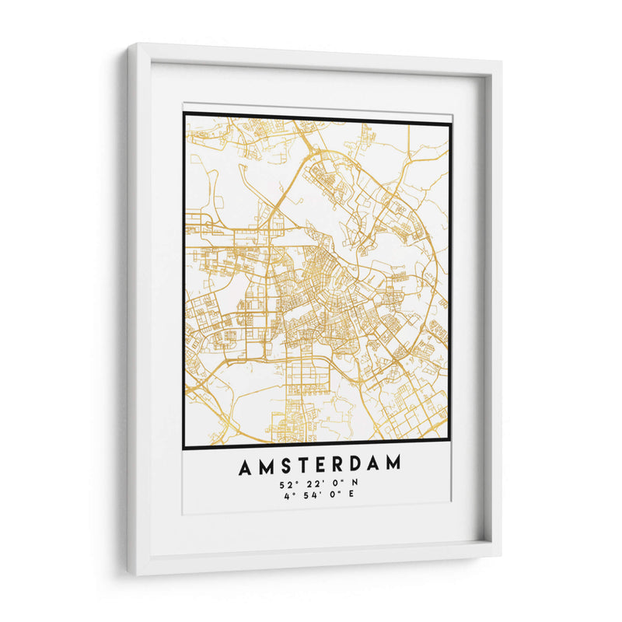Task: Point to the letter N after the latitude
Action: click(x=355, y=484)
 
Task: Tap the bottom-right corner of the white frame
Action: click(x=500, y=555)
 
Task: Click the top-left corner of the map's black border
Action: click(x=185, y=114)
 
